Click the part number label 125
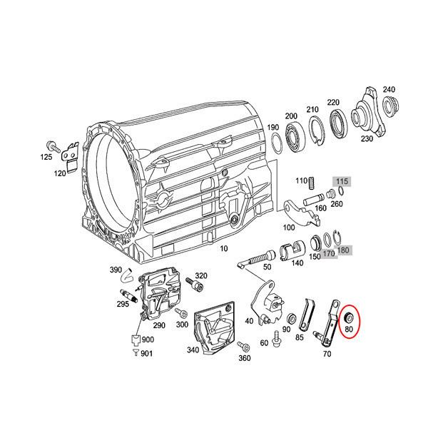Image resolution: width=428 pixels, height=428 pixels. point(46,156)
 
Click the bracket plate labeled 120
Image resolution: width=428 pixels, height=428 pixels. point(69,153)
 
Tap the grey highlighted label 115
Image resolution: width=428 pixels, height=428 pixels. point(343,182)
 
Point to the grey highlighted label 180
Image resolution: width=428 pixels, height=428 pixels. point(344,250)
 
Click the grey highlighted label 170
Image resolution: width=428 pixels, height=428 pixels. point(328,253)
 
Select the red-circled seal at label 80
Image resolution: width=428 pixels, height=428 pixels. point(349,316)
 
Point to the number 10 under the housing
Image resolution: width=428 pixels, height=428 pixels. point(223,248)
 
